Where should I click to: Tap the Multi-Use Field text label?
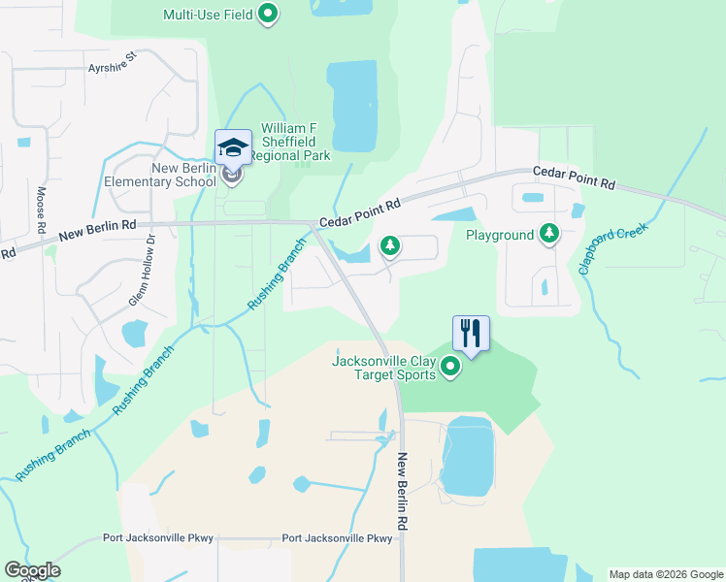coord(208,15)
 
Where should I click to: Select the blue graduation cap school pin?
coord(233,147)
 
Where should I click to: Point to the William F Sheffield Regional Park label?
coord(289,142)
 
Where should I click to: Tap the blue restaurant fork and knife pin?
coord(471,334)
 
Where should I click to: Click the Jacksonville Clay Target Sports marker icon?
coord(450,367)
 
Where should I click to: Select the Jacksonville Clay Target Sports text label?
coord(384,368)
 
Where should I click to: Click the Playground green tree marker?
coord(549,234)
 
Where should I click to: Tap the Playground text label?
coord(500,235)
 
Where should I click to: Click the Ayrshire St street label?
coord(115,68)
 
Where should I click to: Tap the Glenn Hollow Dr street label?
coord(142,272)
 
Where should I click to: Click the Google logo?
coord(32,570)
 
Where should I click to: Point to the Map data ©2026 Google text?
coord(665,574)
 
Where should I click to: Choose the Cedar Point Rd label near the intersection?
coord(360,213)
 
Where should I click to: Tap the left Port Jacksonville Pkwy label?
coord(158,538)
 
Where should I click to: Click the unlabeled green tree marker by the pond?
coord(390,245)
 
